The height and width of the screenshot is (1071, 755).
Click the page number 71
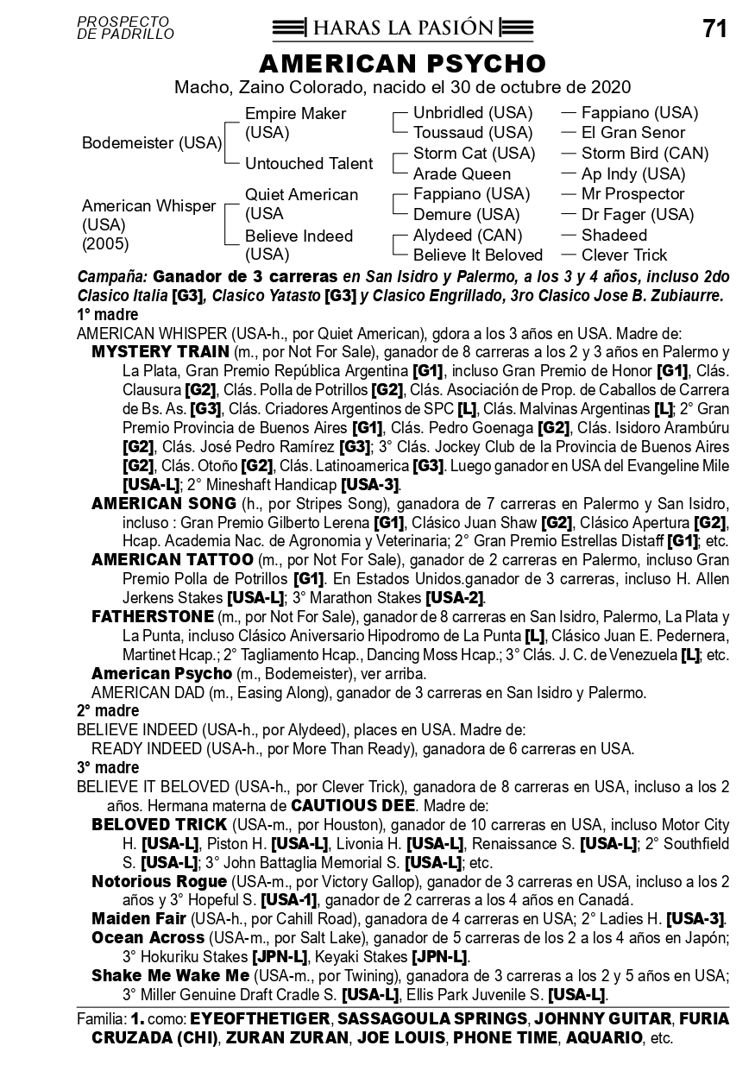click(x=715, y=29)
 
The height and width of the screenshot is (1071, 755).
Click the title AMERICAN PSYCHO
click(x=403, y=64)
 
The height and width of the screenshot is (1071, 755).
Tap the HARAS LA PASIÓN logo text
click(x=403, y=28)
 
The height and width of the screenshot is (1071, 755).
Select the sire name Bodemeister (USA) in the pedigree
click(x=152, y=143)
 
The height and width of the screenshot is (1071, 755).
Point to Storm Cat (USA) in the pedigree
click(x=474, y=154)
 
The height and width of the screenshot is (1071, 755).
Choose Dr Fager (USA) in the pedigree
click(x=637, y=215)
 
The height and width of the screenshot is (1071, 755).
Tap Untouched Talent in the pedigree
click(x=309, y=164)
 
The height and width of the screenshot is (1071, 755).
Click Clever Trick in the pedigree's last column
click(x=624, y=255)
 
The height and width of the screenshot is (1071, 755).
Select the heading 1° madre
click(x=108, y=315)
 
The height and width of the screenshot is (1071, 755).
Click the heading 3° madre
click(x=108, y=768)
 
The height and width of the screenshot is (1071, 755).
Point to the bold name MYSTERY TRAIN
click(x=160, y=352)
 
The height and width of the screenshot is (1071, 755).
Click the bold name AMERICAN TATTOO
click(x=172, y=560)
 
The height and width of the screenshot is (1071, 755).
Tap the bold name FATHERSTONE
click(x=152, y=617)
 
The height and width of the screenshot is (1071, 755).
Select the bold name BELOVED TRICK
click(x=159, y=825)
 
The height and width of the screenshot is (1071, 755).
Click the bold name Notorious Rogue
click(x=159, y=882)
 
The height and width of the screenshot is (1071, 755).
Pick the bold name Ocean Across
click(x=148, y=938)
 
